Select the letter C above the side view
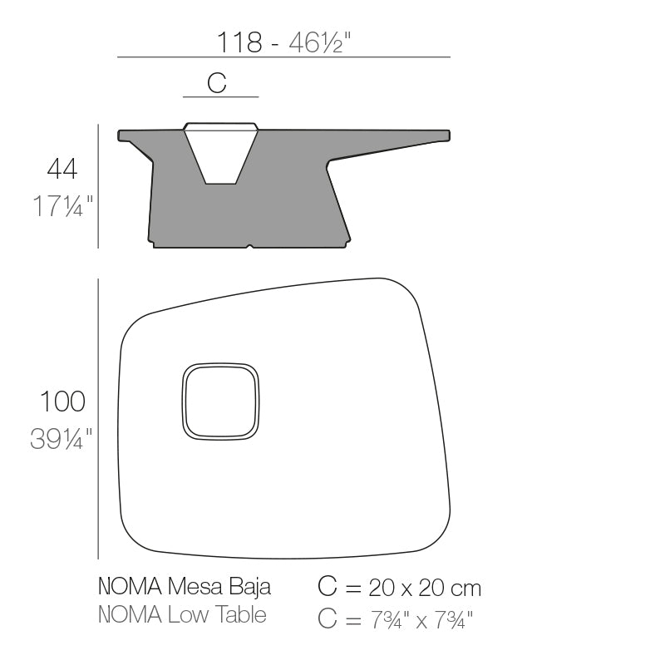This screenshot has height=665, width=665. [217, 82]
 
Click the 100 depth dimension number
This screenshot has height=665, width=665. [62, 401]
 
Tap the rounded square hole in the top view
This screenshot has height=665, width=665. [221, 401]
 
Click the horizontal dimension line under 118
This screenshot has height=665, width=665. [283, 57]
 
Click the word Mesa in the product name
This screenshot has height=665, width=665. [191, 588]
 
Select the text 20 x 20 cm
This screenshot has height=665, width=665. [425, 589]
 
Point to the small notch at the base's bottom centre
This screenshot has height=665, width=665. [249, 245]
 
